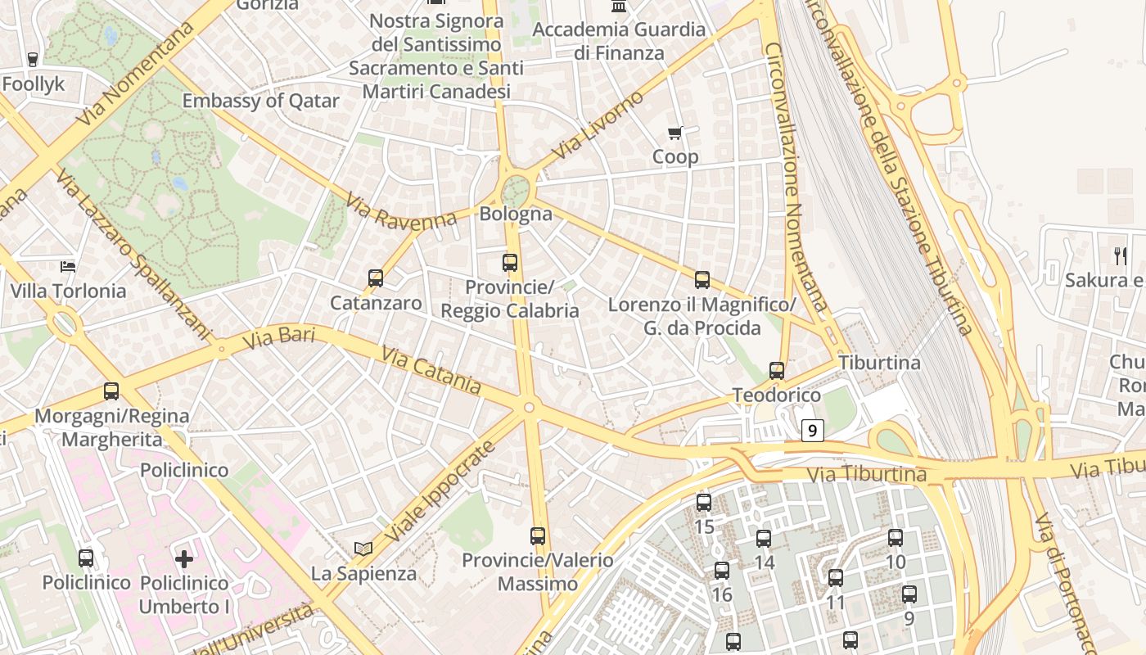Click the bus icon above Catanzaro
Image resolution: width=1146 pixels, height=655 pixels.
(376, 278)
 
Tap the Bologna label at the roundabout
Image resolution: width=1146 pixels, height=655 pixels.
(516, 215)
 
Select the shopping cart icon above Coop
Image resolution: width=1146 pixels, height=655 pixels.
(675, 133)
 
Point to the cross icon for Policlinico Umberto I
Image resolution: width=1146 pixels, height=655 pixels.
(184, 559)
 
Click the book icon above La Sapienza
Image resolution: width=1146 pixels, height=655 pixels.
(363, 549)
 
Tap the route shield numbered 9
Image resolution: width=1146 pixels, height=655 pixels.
(812, 430)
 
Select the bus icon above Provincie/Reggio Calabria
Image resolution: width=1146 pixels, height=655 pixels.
(510, 263)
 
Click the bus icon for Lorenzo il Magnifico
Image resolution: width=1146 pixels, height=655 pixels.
(702, 280)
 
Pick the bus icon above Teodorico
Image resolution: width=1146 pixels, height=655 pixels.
(777, 371)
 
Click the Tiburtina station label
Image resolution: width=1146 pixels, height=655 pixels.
(879, 363)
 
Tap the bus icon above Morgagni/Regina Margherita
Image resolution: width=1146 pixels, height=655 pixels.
(111, 391)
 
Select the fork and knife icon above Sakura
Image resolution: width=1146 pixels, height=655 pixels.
(1121, 256)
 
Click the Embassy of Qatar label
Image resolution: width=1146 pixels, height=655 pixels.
(260, 101)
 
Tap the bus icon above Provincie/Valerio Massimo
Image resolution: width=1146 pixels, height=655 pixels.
(538, 536)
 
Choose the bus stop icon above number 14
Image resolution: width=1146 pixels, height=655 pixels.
(764, 539)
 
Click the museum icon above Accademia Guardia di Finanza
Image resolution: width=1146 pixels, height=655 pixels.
(618, 7)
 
